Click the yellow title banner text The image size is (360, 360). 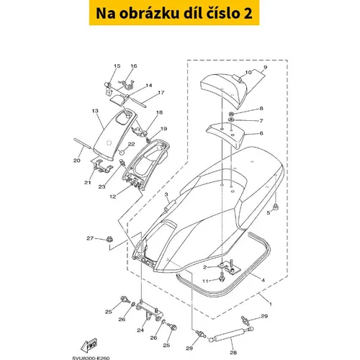pyautogui.click(x=174, y=13)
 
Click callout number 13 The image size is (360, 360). pyautogui.click(x=95, y=111)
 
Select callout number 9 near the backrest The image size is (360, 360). pyautogui.click(x=265, y=67)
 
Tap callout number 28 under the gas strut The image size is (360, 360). pyautogui.click(x=233, y=353)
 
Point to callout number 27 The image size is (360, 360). pyautogui.click(x=90, y=238)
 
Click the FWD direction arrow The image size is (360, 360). pyautogui.click(x=89, y=345)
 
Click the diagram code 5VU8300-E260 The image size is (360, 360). pyautogui.click(x=91, y=359)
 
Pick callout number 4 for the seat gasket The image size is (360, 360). pyautogui.click(x=263, y=280)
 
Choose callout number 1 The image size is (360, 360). pyautogui.click(x=271, y=304)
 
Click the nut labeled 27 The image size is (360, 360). pyautogui.click(x=109, y=240)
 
